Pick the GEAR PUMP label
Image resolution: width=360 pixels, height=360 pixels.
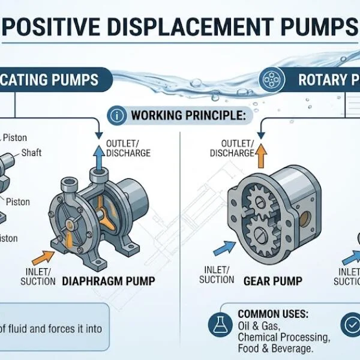click(272, 280)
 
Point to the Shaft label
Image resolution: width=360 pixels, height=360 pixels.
click(31, 152)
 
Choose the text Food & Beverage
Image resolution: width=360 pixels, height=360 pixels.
click(275, 349)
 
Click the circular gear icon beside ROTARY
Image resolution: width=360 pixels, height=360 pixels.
click(271, 79)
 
